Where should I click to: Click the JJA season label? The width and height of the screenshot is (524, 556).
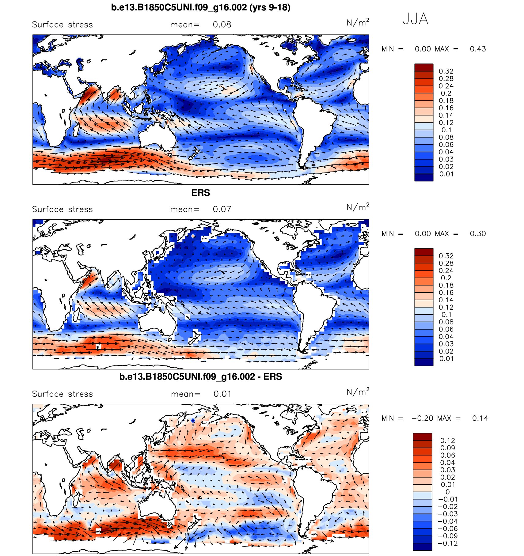(x=415, y=19)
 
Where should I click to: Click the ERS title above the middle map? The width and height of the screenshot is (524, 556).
(x=200, y=193)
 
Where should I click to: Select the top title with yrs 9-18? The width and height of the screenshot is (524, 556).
(x=200, y=7)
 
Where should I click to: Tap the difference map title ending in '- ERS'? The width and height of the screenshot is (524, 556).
(x=200, y=376)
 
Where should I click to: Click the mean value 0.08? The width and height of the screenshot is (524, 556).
(x=222, y=25)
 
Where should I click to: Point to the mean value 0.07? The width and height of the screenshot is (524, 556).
(x=222, y=210)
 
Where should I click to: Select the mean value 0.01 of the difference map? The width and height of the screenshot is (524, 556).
(x=222, y=394)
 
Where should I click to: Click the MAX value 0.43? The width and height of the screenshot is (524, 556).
(x=478, y=49)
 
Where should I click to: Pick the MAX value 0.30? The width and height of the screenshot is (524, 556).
(x=478, y=234)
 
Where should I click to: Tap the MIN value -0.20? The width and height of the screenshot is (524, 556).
(x=422, y=418)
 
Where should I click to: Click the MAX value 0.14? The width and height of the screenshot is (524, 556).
(x=480, y=418)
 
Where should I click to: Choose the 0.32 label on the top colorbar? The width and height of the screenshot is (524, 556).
(x=446, y=71)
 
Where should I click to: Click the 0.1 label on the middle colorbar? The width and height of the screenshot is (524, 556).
(x=446, y=315)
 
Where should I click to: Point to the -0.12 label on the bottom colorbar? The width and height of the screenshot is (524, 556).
(x=448, y=543)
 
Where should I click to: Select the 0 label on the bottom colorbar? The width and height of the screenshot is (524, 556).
(x=448, y=492)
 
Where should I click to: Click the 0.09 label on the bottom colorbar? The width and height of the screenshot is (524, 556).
(x=448, y=448)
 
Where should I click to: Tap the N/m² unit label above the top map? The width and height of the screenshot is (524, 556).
(x=358, y=23)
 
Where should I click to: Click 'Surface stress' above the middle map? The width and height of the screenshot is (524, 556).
(x=63, y=210)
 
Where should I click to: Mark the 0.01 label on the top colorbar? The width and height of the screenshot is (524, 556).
(x=446, y=174)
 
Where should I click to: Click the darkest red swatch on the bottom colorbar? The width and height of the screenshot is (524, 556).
(x=422, y=437)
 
